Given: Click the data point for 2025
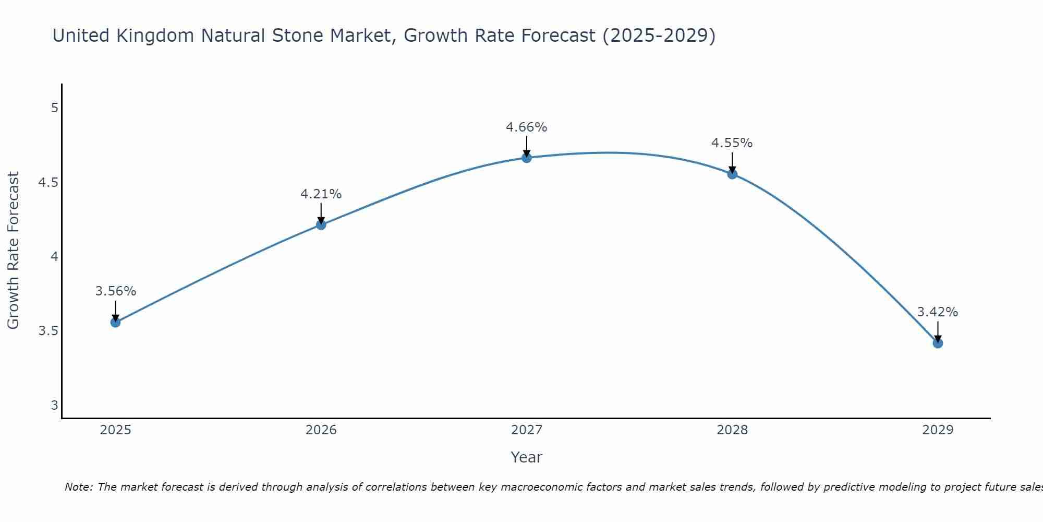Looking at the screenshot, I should click(x=115, y=322).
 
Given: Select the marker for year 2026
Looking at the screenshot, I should click(x=321, y=224).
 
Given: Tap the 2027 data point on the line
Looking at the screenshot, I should click(x=526, y=158).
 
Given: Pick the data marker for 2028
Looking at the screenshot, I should click(x=732, y=174).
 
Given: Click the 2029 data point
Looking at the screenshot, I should click(x=937, y=343).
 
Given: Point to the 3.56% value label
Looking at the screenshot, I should click(x=115, y=291).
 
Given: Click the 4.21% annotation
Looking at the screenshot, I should click(x=321, y=194).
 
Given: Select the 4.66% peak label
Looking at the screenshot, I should click(x=526, y=127).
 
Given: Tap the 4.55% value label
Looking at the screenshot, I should click(x=732, y=143).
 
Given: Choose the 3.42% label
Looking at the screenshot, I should click(x=937, y=312).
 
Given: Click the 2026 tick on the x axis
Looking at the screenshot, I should click(x=321, y=430).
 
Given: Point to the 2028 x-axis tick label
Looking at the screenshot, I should click(x=732, y=430).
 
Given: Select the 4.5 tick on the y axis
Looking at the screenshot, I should click(x=48, y=183).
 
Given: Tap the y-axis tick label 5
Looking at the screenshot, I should click(x=54, y=108).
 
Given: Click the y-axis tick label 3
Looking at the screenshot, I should click(x=54, y=406).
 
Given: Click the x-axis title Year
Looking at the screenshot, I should click(x=526, y=457).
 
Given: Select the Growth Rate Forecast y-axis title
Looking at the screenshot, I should click(x=13, y=251).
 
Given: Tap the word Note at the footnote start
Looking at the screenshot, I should click(x=78, y=487).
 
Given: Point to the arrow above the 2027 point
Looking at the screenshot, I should click(x=526, y=146).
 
